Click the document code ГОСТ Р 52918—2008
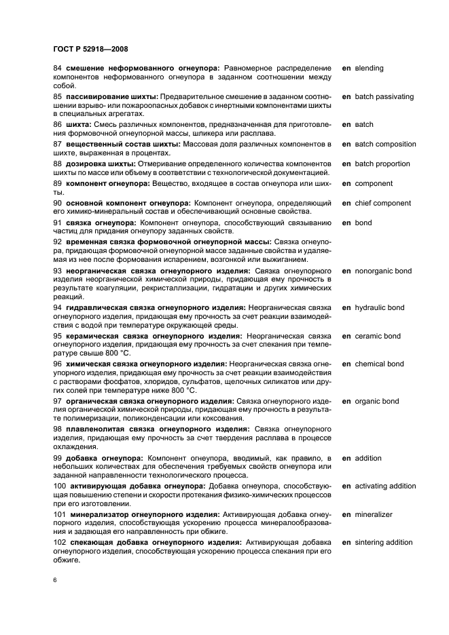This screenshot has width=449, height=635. point(90,49)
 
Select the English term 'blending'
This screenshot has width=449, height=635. point(369,68)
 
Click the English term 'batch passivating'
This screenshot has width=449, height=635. point(384,96)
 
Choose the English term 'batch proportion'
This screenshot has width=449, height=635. point(382,163)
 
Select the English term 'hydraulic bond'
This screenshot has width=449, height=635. point(379,307)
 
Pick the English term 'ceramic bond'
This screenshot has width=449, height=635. point(378,336)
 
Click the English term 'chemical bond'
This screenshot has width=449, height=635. point(379,364)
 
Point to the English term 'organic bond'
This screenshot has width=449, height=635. point(376,401)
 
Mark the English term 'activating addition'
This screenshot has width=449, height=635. point(385,486)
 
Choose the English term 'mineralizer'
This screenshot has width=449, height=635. point(374,514)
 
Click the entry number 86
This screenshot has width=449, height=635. point(57,125)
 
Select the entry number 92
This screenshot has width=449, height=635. point(57,243)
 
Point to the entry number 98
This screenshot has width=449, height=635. point(57,429)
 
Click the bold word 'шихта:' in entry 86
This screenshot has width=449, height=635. point(79,125)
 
